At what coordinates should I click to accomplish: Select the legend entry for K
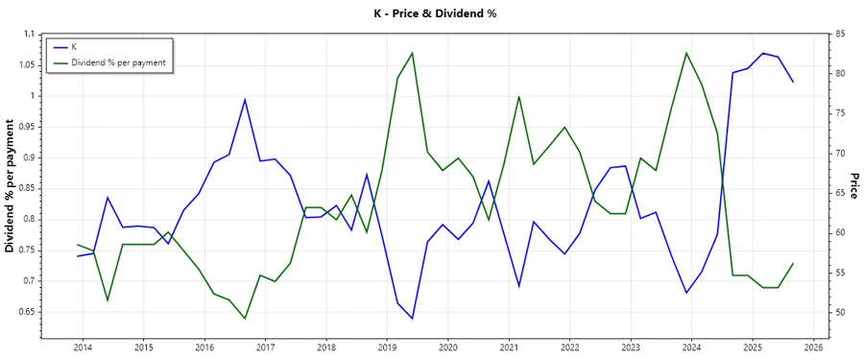tap(74, 46)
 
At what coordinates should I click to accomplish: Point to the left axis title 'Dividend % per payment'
tap(11, 186)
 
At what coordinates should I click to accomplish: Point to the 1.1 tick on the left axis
tap(29, 34)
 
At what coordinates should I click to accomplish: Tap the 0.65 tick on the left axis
tap(25, 312)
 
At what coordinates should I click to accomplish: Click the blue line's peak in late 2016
tap(245, 99)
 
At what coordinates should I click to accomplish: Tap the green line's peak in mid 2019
tap(412, 53)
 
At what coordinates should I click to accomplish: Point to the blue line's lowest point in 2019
tap(412, 319)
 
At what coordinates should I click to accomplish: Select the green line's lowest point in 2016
tap(245, 319)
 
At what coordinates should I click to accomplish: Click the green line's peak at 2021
tap(518, 96)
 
